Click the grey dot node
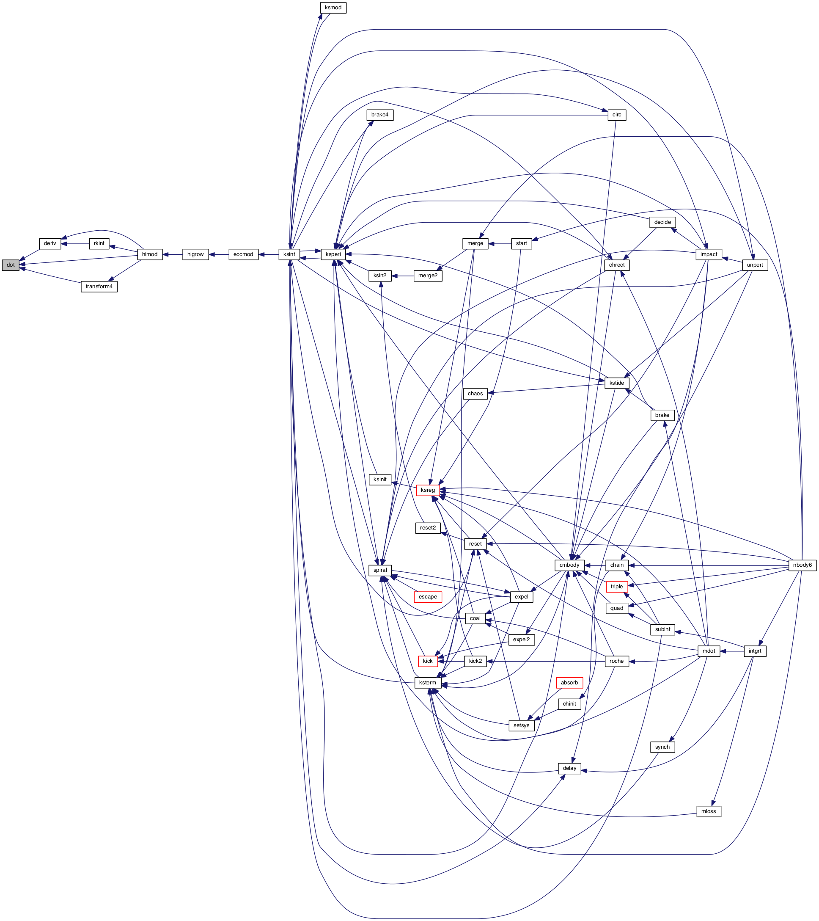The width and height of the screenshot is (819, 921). (x=10, y=265)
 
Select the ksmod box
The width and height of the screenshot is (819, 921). (x=333, y=8)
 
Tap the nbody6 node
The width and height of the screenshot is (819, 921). (x=803, y=565)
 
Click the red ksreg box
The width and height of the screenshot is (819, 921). (x=428, y=490)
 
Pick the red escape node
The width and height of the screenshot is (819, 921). (x=428, y=597)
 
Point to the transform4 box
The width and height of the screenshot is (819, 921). (x=99, y=287)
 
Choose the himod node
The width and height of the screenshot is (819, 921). (x=149, y=254)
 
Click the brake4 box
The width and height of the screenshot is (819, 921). (x=379, y=115)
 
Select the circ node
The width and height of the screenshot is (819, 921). (x=617, y=115)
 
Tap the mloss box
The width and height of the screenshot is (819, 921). (x=709, y=811)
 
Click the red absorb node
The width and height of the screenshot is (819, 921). (x=569, y=683)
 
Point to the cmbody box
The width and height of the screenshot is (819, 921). (x=569, y=565)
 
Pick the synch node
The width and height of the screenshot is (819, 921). (x=662, y=747)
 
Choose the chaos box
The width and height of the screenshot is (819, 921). (x=475, y=393)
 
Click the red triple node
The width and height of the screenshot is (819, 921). (x=617, y=587)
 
